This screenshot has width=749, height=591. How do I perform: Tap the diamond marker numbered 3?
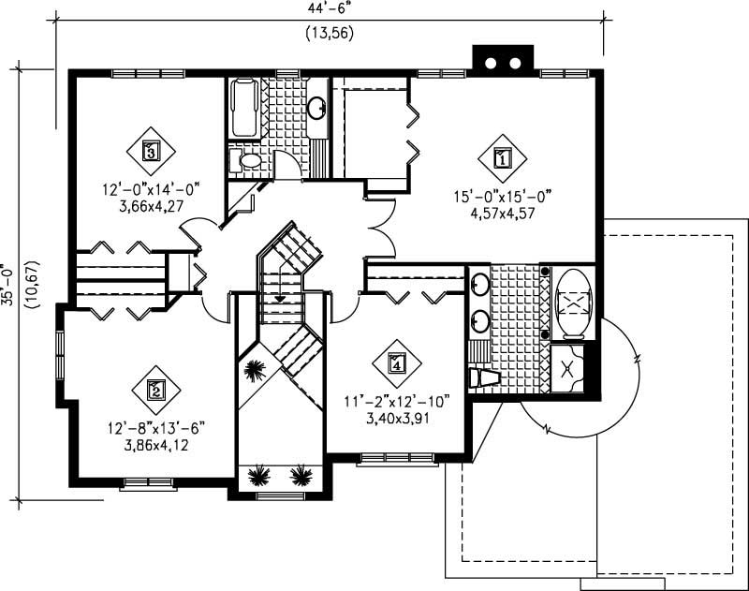click(150, 149)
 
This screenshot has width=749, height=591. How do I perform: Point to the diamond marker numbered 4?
click(397, 362)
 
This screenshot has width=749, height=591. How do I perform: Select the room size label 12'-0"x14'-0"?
click(151, 188)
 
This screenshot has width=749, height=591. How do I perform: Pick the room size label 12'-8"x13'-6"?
click(154, 428)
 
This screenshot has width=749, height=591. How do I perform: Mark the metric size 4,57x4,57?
click(503, 212)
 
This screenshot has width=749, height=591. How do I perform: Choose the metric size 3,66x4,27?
click(151, 204)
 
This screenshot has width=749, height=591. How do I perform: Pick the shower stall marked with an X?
click(567, 368)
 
